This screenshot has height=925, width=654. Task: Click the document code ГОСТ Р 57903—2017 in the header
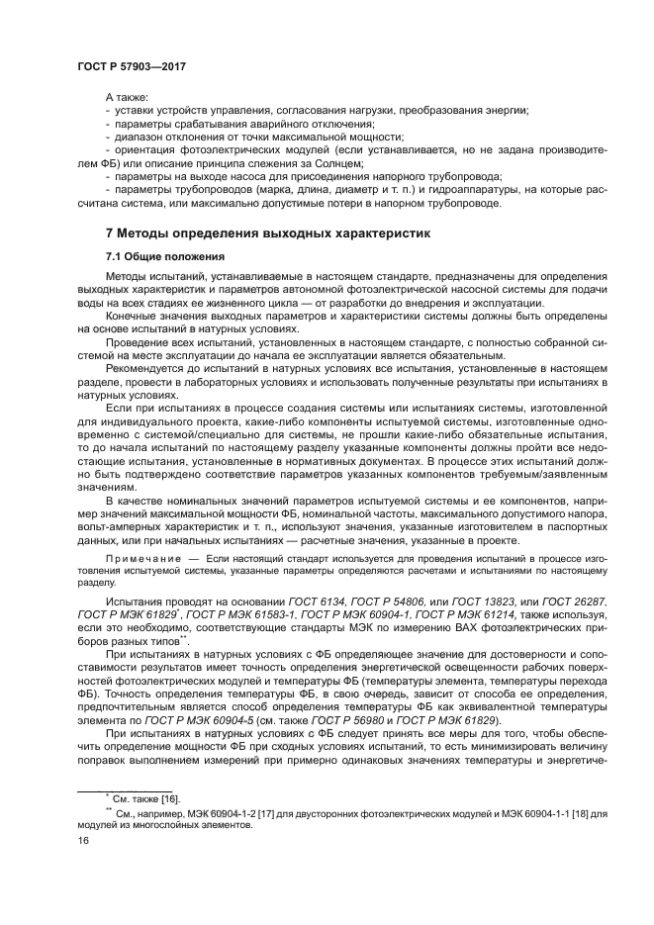click(132, 67)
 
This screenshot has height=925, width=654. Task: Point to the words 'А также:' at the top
click(126, 97)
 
